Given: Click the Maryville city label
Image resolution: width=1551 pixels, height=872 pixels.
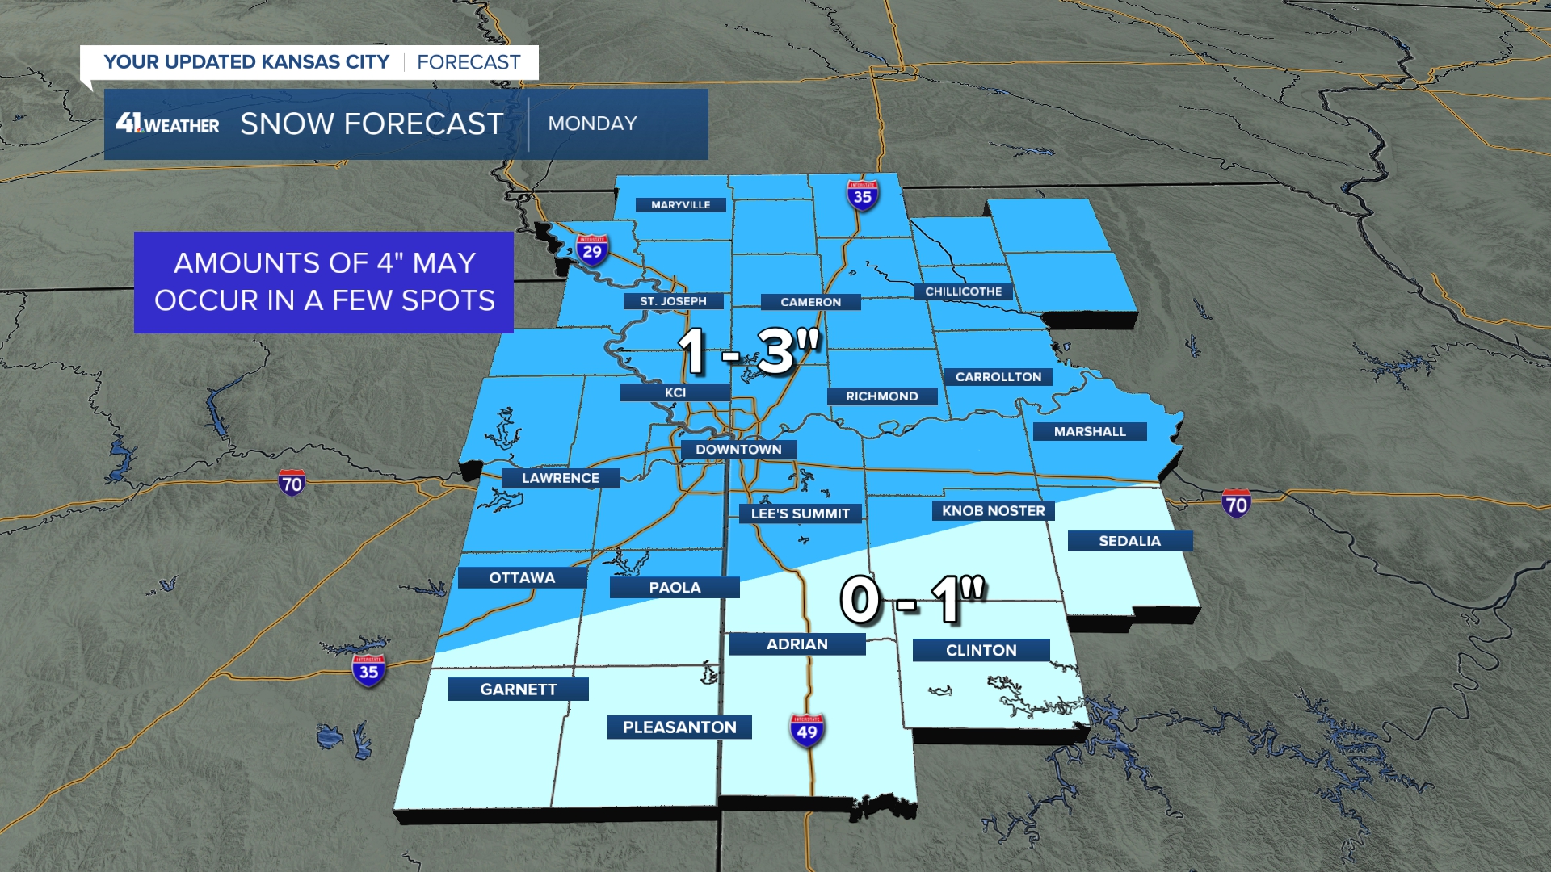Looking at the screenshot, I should coord(680,205).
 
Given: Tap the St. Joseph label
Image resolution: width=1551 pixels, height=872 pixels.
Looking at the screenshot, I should coord(673,301).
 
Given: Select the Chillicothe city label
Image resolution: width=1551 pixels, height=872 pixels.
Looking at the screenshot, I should coord(963,291).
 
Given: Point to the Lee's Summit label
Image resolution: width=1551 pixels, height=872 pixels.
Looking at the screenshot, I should coord(800,514).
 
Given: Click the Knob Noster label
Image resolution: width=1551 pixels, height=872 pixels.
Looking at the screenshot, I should coord(993,510).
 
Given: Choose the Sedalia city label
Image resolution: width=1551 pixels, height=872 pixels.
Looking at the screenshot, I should coord(1129,541).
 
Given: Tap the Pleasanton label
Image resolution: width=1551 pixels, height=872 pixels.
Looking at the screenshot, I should coord(679,727).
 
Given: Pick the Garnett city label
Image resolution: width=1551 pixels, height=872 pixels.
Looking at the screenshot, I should coord(518,690).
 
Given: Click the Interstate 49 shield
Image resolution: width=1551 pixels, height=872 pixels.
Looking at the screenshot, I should coord(806,731).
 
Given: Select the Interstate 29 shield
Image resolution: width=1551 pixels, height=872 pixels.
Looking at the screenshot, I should coord(592,249).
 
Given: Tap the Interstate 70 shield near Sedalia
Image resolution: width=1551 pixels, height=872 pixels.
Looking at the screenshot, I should coord(1236,504).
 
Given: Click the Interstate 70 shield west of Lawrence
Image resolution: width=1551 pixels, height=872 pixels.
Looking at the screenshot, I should coord(292,483).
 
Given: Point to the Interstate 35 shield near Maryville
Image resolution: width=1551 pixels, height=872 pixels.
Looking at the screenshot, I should coord(862,195).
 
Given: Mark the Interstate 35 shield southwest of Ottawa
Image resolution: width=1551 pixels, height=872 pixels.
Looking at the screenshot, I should coord(368,670).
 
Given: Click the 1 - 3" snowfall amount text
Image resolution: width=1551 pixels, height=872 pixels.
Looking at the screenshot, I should coord(748,351).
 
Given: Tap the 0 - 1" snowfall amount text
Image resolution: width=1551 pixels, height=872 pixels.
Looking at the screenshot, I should coord(913,600).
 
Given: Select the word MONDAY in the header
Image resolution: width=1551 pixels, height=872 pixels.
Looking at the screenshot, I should coord(592,124).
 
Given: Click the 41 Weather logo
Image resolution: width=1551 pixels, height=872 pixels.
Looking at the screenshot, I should coord(167,124).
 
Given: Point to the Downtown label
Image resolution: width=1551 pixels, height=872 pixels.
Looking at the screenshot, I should coord(738,450).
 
